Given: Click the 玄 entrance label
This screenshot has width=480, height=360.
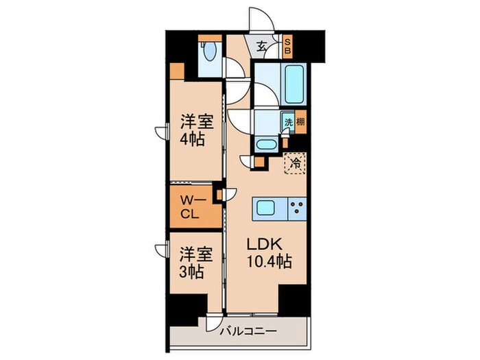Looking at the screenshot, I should [x=263, y=47].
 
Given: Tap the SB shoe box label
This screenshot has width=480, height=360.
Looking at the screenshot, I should [x=288, y=46].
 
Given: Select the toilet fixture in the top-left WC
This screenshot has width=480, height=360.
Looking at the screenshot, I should [x=211, y=53].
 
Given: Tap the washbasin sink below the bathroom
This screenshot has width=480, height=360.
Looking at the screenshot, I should [x=266, y=145].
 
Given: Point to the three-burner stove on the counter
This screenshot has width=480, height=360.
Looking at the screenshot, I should [x=297, y=208].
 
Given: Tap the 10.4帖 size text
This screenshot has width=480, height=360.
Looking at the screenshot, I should [x=269, y=261].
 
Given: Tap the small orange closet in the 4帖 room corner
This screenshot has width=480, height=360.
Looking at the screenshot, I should [x=177, y=71].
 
